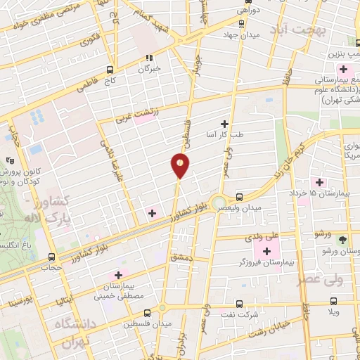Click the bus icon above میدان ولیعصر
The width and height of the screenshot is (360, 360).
coord(240,198)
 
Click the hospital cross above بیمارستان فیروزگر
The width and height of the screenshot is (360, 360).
coord(266,251)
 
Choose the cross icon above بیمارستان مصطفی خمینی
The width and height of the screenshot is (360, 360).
coord(118,275)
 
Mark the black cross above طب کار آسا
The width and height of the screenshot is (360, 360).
coord(225,124)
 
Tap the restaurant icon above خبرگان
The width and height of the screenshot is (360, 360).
coord(148,58)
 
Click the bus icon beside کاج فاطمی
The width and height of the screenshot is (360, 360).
coord(110,70)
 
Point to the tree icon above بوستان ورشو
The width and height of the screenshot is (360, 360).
coord(342,238)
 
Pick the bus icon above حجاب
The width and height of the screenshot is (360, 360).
coord(50,257)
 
